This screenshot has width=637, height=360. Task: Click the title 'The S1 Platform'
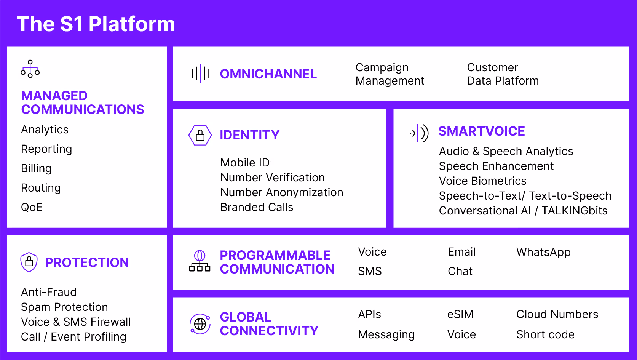tap(96, 24)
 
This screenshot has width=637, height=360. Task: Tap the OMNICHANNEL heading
tap(268, 74)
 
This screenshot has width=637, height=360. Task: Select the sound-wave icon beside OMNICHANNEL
tap(201, 74)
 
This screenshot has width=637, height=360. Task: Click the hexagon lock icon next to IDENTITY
tap(200, 135)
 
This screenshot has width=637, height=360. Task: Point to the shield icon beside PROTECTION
tap(29, 262)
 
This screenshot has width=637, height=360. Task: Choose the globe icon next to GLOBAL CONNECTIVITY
tap(200, 324)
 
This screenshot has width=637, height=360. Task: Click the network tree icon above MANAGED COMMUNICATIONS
tap(30, 69)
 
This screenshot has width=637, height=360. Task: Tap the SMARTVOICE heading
tap(481, 131)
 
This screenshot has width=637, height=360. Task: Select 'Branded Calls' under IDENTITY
tap(257, 207)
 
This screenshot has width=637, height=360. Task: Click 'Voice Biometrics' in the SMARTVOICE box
tap(482, 181)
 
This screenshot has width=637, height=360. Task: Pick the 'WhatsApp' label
tap(543, 253)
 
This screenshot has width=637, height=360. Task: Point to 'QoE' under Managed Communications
tap(32, 207)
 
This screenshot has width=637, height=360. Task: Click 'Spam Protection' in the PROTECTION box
tap(64, 307)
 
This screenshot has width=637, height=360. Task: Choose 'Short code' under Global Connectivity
tap(546, 334)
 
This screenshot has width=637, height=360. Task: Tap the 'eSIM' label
tap(460, 314)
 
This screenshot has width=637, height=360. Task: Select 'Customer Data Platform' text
tap(503, 74)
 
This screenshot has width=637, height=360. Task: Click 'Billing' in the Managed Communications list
tap(36, 168)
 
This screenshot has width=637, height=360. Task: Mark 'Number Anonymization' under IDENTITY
tap(282, 192)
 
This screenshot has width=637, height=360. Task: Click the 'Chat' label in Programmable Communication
tap(460, 271)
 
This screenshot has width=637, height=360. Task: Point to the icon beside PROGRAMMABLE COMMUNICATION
tap(200, 261)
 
